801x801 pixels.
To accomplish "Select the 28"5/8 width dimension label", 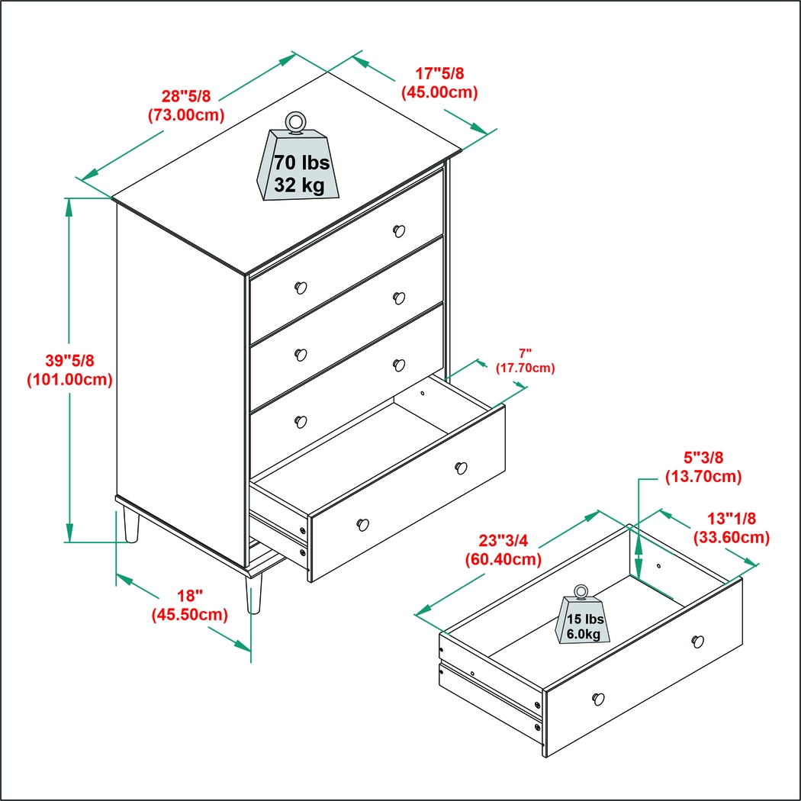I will pos(185,96).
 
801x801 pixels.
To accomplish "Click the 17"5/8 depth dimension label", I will pos(439,74).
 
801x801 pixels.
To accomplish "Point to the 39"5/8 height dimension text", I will pos(69,359).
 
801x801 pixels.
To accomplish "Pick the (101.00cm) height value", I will pos(69,379).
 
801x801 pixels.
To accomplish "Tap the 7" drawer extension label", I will pos(525,353).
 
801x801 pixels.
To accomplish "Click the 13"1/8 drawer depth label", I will pos(731,518).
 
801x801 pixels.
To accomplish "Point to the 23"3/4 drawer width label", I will pos(503,540).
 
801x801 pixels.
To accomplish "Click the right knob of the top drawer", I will pos(398,230).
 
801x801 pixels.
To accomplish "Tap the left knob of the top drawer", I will pos(301,288).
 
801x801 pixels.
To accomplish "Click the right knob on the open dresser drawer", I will pos(461,468).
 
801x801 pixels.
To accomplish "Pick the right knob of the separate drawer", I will pos(697,641).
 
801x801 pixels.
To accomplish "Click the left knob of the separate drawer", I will pos(598,697).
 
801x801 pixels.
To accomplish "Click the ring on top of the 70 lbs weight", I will pos(295,122).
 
